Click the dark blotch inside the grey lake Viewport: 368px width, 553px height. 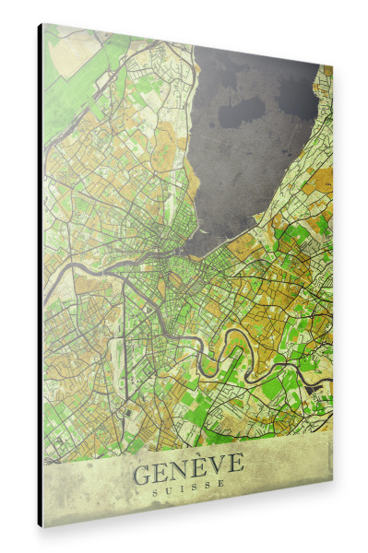click(x=243, y=112)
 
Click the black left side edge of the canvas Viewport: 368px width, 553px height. click(x=40, y=276)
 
